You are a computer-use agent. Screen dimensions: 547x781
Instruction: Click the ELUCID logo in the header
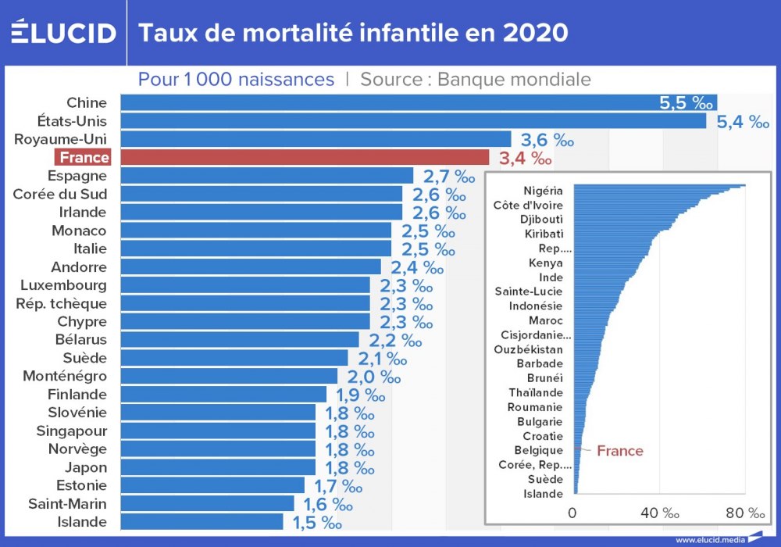click(x=63, y=33)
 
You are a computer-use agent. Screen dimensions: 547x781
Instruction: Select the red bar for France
click(x=305, y=158)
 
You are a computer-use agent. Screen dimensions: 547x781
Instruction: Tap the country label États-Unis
click(x=72, y=121)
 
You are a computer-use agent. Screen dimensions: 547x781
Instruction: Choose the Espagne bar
click(x=266, y=176)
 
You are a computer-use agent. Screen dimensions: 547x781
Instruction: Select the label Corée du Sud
click(x=60, y=194)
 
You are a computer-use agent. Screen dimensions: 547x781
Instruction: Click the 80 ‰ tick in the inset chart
click(x=745, y=513)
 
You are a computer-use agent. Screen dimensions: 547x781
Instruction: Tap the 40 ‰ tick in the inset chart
click(x=660, y=513)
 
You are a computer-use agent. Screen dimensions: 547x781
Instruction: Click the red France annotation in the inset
click(x=620, y=451)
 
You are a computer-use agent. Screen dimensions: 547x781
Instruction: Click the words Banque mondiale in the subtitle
click(x=514, y=80)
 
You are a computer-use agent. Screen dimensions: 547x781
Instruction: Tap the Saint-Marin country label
click(x=67, y=503)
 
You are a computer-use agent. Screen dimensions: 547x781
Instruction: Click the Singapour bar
click(x=218, y=431)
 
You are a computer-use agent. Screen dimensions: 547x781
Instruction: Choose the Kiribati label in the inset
click(x=544, y=234)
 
